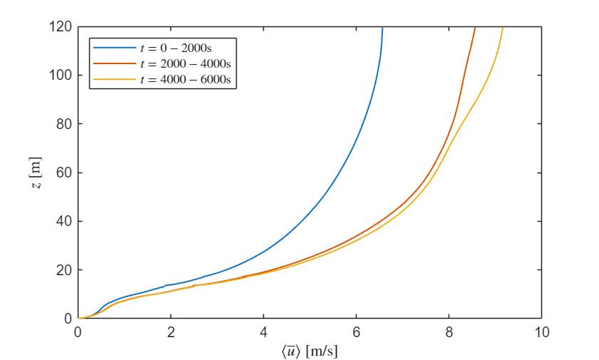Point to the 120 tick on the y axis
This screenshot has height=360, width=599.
tap(63, 27)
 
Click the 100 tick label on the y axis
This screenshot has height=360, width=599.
tap(63, 76)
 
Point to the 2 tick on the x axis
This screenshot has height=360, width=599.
tap(170, 331)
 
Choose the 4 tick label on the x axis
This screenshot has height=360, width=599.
tap(263, 331)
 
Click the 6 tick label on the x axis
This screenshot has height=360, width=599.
tap(356, 331)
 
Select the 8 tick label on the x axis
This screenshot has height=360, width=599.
tap(449, 331)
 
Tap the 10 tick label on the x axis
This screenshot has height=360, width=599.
tap(541, 331)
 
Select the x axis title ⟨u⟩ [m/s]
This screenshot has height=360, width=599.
tap(309, 350)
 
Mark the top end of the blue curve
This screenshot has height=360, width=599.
tap(382, 28)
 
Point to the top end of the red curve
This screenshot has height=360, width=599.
tap(475, 28)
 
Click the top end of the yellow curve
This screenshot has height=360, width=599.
tap(503, 28)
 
